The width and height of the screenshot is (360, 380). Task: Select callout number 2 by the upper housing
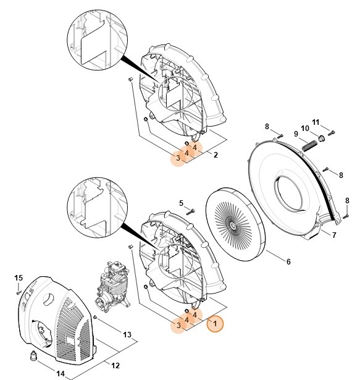click(215, 155)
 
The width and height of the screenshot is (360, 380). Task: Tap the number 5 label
click(181, 203)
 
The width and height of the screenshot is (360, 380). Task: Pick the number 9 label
click(296, 134)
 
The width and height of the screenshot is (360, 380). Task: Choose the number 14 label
click(60, 374)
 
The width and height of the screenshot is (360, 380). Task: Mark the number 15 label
click(19, 277)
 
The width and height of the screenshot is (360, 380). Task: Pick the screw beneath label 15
click(19, 290)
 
